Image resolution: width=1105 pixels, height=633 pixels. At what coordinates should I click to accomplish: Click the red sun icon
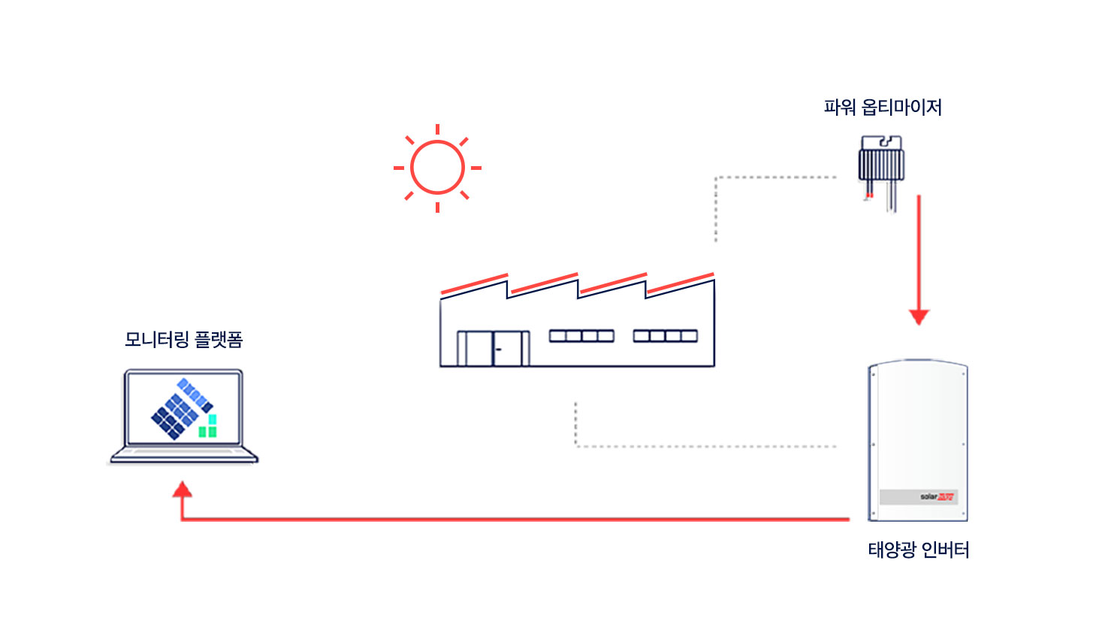tap(437, 168)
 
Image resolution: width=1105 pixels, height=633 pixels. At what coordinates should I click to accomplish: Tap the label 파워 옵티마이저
tap(883, 108)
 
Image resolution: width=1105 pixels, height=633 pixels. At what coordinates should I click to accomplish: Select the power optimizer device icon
tap(881, 162)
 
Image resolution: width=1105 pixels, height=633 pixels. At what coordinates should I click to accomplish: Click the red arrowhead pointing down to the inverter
tap(919, 316)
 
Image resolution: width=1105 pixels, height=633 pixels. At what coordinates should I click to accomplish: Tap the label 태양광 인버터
tap(918, 550)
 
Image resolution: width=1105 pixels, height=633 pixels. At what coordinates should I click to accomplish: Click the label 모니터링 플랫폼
tap(183, 340)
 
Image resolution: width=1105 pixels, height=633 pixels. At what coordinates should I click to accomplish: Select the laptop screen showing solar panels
tap(183, 408)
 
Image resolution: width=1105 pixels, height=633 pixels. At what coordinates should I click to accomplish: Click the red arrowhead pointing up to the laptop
tap(182, 491)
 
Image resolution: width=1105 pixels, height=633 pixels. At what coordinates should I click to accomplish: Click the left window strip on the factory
tap(581, 336)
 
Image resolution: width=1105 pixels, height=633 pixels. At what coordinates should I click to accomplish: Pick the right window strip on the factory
tap(665, 336)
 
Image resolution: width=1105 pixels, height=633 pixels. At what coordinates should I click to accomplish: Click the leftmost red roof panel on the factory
tap(474, 283)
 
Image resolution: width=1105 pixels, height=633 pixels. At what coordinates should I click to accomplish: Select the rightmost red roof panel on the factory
tap(680, 283)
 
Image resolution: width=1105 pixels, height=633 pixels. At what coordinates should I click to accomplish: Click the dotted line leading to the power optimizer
tap(774, 178)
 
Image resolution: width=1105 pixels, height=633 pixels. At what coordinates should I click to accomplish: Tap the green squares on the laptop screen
tap(208, 426)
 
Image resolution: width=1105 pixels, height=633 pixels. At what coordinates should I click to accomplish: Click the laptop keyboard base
tap(184, 456)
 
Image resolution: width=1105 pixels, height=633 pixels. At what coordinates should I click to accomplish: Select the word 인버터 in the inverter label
tap(945, 550)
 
